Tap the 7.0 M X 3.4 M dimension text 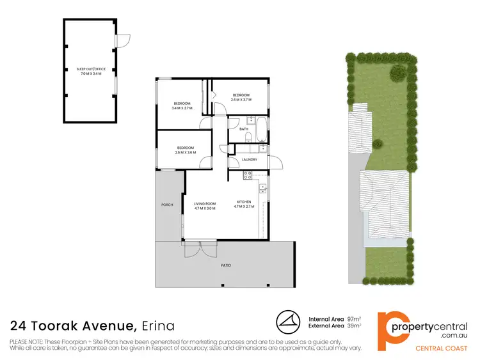90,74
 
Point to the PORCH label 167,205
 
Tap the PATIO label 227,264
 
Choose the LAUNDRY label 250,160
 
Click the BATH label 244,129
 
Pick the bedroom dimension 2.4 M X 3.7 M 241,100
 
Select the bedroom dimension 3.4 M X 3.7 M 182,108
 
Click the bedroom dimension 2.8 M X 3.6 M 185,152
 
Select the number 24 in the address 19,325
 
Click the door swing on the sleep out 124,40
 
